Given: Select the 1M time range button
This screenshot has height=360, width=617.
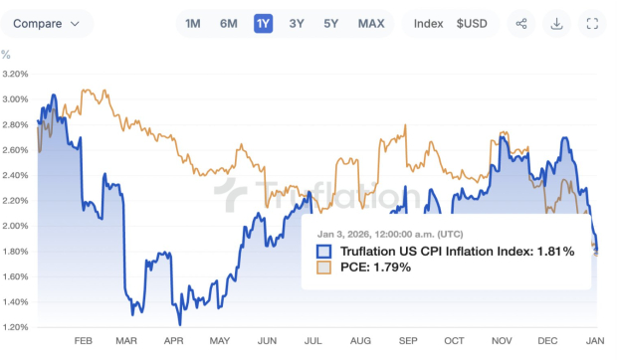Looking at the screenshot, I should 192,24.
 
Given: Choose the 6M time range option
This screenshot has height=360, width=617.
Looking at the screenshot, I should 228,24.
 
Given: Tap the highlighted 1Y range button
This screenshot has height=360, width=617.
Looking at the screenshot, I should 263,24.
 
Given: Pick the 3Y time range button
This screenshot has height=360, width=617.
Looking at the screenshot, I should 297,24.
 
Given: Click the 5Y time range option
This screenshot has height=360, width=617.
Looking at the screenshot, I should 330,24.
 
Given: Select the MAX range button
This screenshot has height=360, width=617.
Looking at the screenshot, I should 371,24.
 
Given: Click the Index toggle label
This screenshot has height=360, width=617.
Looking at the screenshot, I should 428,24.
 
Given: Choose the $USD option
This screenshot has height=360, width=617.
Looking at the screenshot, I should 472,24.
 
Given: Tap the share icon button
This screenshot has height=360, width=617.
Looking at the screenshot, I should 521,24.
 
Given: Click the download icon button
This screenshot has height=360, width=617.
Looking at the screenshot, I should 557,24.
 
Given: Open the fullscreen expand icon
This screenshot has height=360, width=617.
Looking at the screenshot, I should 593,24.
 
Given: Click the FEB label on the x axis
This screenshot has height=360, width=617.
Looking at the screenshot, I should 83,340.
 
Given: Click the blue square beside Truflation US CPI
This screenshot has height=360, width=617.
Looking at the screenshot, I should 323,252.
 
